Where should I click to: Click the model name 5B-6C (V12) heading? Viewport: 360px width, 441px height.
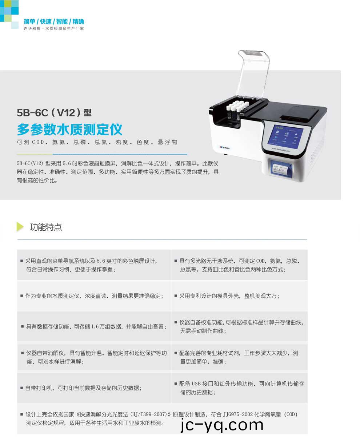(54, 113)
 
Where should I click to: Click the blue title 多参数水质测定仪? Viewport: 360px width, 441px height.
(69, 130)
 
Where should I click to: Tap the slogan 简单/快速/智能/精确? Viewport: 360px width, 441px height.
(53, 21)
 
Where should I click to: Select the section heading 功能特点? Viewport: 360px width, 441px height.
(46, 227)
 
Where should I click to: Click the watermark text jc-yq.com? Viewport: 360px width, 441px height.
(221, 425)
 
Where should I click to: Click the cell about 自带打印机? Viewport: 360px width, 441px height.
(94, 388)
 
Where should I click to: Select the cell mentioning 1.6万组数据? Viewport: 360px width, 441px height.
(94, 327)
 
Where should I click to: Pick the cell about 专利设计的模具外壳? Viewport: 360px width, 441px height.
(239, 296)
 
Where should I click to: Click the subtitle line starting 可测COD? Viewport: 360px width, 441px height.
(97, 142)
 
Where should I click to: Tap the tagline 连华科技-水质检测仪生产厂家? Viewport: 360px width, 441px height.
(54, 29)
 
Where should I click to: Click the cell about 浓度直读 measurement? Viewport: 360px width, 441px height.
(94, 296)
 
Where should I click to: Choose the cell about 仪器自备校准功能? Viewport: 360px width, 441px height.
(239, 327)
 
